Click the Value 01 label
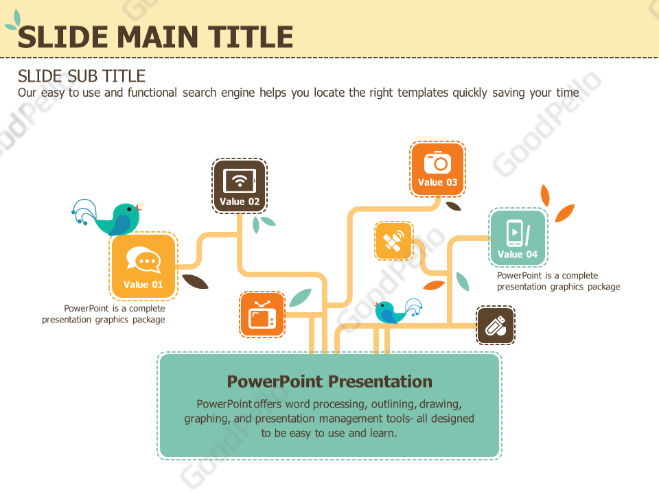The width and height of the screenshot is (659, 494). point(143,285)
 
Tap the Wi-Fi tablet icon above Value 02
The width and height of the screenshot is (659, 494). point(240,180)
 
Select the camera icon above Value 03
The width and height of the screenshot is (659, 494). point(437,163)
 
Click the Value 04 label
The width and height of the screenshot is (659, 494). point(518,255)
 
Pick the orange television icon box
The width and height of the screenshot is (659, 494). point(262,315)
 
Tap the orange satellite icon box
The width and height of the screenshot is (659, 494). point(394,241)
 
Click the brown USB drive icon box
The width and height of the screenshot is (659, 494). point(496,325)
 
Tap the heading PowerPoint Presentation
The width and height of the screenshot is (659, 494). point(329,381)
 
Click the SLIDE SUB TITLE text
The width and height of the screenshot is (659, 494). point(82,75)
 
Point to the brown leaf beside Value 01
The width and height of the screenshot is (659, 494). point(195,281)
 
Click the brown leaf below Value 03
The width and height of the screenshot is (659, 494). point(454,204)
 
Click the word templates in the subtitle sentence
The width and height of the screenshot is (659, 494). point(423,93)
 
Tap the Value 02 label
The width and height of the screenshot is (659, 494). point(240,202)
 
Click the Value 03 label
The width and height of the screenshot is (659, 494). point(437,183)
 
